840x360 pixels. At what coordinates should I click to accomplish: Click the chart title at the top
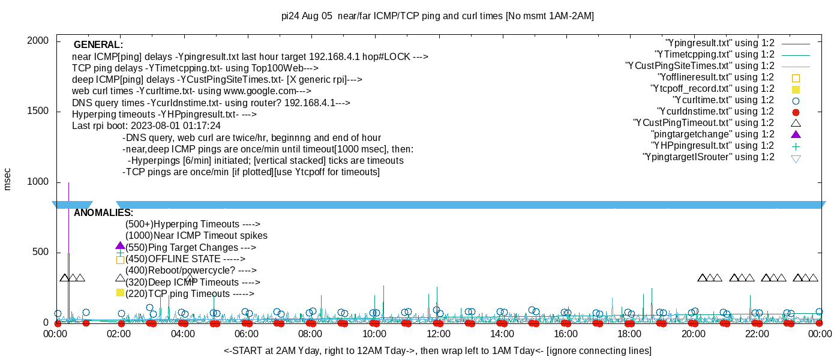click(437, 16)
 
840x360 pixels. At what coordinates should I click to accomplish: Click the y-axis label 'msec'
click(8, 179)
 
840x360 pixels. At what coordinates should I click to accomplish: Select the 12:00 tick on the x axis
click(438, 334)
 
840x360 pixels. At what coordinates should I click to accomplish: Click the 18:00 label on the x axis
click(629, 334)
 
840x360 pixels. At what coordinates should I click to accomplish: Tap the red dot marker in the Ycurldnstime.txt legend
click(796, 112)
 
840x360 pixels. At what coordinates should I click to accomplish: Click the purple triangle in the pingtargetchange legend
click(796, 134)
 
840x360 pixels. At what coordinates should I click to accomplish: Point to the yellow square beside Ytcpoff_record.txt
click(796, 89)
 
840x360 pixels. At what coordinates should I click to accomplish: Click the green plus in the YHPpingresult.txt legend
click(796, 146)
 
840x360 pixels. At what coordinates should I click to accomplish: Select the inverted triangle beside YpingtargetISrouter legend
click(796, 158)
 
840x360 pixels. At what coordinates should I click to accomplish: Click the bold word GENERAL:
click(98, 45)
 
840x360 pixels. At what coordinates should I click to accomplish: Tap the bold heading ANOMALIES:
click(103, 213)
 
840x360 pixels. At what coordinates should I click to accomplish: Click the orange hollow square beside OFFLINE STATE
click(120, 260)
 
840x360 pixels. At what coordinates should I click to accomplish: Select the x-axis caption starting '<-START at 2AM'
click(437, 350)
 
